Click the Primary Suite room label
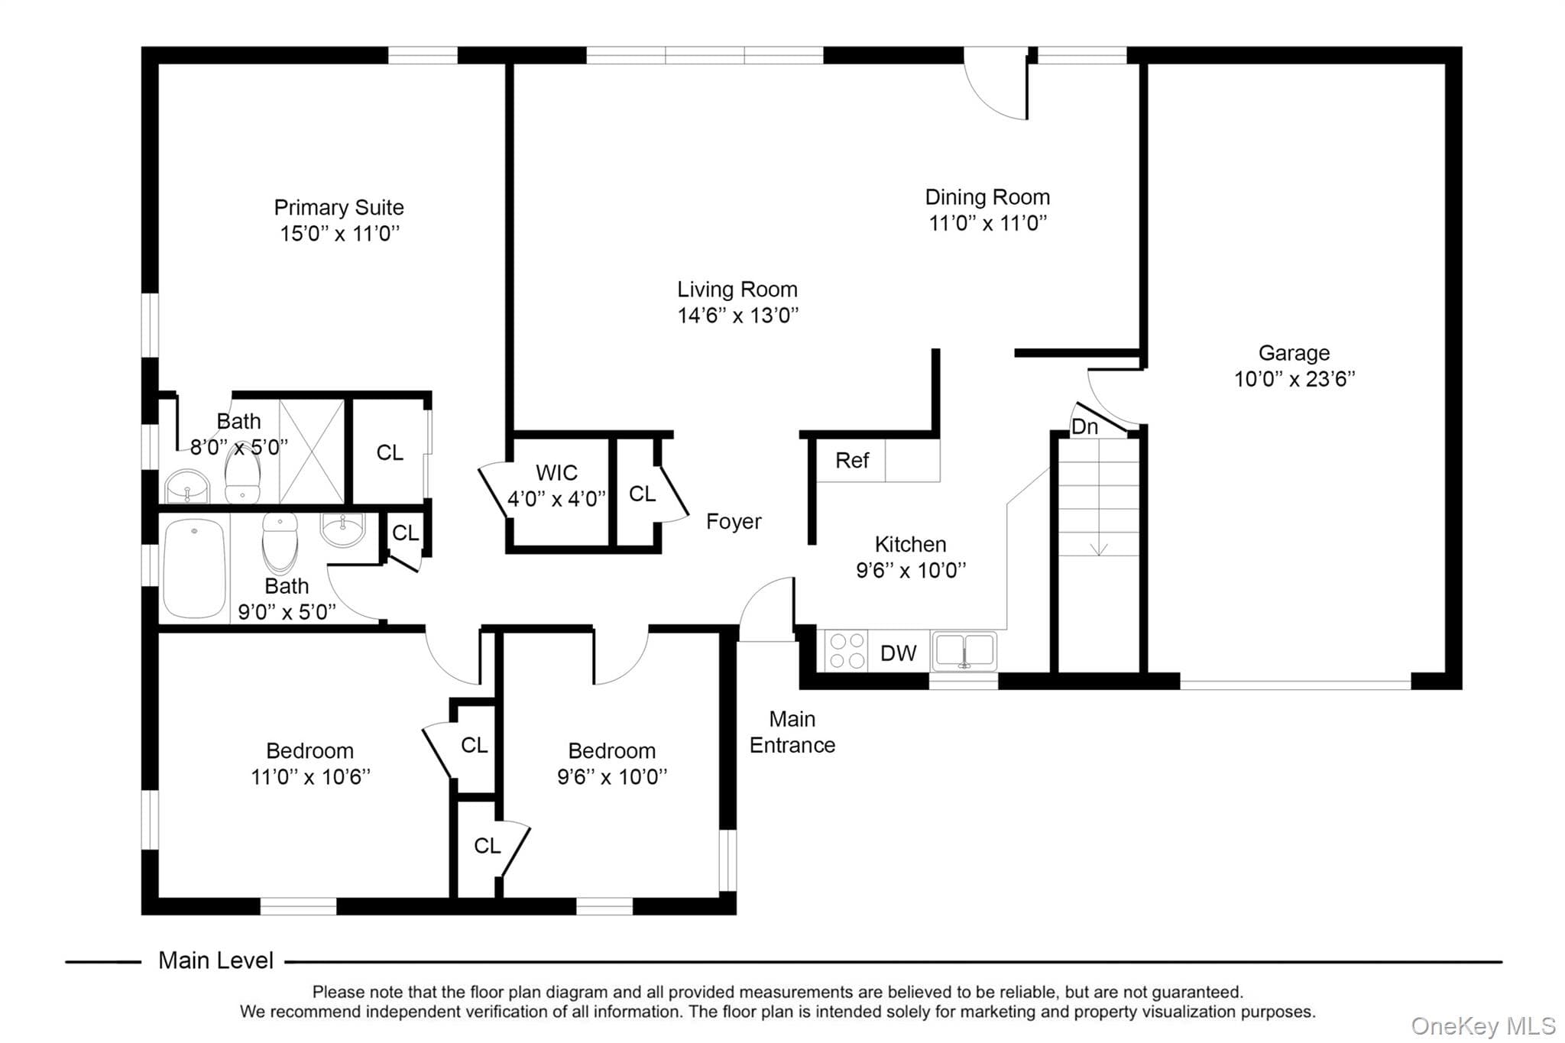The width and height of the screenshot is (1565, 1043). (339, 207)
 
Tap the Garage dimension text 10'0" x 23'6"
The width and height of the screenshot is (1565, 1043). (1294, 379)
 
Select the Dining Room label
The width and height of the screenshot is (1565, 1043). (987, 197)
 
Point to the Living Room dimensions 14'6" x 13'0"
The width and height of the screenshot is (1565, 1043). (737, 315)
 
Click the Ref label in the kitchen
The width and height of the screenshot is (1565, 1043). (852, 460)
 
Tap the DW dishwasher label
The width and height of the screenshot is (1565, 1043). (898, 653)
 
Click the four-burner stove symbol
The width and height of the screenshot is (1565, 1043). (847, 650)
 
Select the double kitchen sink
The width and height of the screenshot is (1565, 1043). (964, 651)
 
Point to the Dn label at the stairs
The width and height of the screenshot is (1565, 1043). (1084, 426)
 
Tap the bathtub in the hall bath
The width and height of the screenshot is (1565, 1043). (195, 568)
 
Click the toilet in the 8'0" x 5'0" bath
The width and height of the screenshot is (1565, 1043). (243, 474)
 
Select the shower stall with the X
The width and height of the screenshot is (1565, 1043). (312, 451)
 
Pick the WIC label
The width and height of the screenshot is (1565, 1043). (556, 472)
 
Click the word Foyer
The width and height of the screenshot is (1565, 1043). (734, 522)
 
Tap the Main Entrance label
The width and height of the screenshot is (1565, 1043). (792, 732)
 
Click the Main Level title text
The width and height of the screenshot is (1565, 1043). (215, 960)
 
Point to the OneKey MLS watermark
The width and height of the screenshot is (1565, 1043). (1483, 1025)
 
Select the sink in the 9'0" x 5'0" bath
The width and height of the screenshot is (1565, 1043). (342, 530)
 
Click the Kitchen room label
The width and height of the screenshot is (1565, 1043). (910, 544)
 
